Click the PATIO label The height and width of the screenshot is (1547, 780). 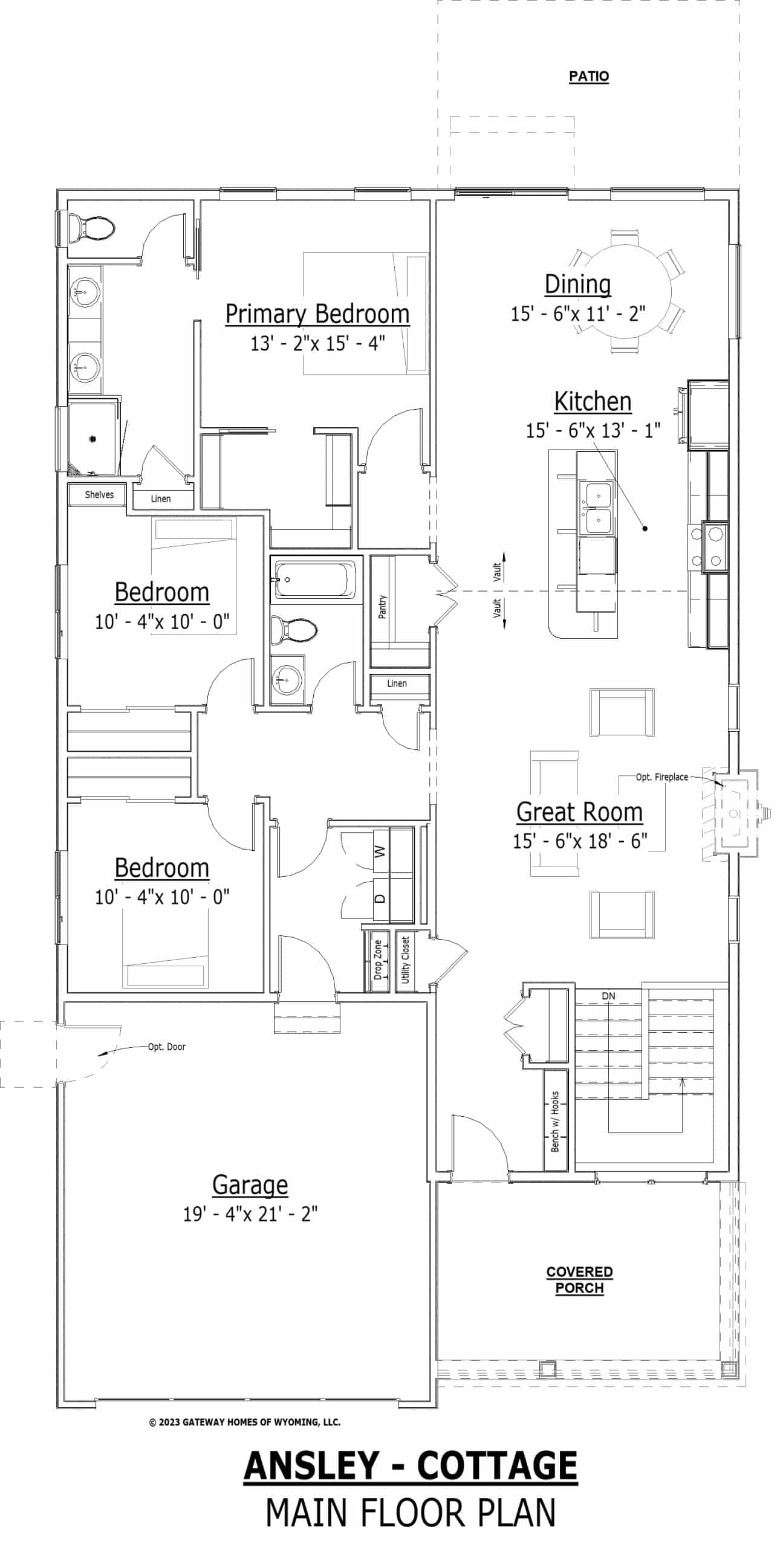(x=588, y=77)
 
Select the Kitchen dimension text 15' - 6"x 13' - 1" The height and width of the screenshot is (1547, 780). (x=593, y=431)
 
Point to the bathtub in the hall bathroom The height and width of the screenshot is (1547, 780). (x=315, y=579)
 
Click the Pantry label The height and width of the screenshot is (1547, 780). (x=382, y=607)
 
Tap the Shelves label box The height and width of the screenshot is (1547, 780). (x=99, y=495)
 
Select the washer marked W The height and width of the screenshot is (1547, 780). (x=380, y=851)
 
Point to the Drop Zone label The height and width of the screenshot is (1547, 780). (x=379, y=960)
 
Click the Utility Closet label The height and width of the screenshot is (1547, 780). (x=406, y=960)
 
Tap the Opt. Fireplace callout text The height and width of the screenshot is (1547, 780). (x=661, y=777)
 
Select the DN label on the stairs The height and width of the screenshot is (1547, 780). (x=608, y=996)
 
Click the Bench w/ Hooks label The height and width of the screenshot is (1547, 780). (x=555, y=1121)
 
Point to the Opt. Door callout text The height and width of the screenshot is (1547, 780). (x=166, y=1047)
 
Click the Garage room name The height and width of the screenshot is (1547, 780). (x=250, y=1185)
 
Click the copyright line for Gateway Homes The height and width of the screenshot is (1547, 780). (x=244, y=1423)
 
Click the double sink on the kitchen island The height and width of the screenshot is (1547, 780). (x=597, y=508)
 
